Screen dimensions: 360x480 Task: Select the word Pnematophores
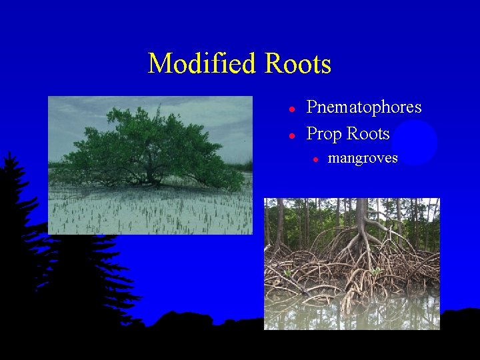[363, 107]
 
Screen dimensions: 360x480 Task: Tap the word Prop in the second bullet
[323, 134]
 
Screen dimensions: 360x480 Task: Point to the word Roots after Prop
[367, 133]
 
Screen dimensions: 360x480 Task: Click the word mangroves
[363, 158]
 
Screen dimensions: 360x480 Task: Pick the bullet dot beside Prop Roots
[291, 135]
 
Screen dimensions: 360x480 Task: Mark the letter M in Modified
[159, 64]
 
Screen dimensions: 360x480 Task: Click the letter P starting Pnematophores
[311, 107]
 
